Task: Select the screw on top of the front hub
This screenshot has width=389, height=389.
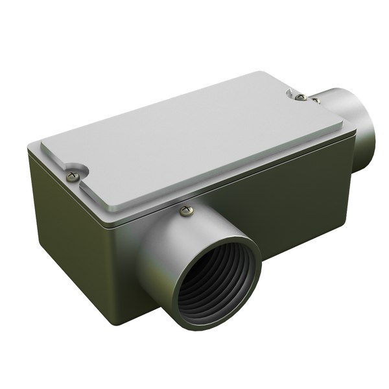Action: point(187,209)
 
